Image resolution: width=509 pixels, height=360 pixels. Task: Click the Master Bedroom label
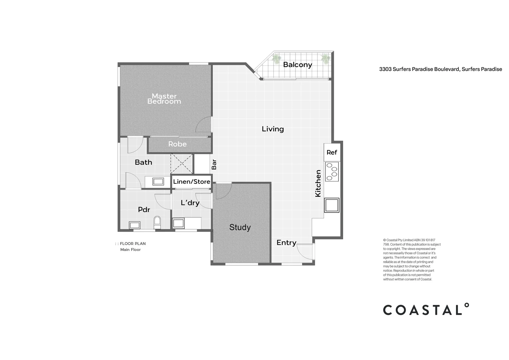pos(164,99)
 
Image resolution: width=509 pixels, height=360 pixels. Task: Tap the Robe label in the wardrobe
pos(177,144)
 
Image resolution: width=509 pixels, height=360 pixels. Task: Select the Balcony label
pos(297,65)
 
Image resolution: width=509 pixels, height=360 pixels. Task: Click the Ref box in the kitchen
pos(332,152)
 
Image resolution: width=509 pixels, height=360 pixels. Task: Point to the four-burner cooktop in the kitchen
pos(332,172)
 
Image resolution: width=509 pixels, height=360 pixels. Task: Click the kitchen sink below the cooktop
pos(332,205)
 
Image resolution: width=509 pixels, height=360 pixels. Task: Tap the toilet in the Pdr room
pos(157,222)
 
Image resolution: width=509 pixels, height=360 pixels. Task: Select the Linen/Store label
pos(192,182)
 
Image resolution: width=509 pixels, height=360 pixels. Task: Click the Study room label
pos(240,227)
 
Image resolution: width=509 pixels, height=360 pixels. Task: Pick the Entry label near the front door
pos(286,243)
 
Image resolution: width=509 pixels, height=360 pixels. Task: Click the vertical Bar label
pos(214,164)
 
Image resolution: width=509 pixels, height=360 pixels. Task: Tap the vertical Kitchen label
pos(318,183)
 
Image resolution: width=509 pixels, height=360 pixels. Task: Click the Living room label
pos(273,129)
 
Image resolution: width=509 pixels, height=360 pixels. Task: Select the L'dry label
pos(190,203)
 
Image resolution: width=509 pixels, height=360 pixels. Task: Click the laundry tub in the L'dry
pos(178,223)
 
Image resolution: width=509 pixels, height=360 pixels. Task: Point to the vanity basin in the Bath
pos(158,182)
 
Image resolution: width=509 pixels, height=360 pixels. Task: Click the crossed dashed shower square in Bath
pos(182,164)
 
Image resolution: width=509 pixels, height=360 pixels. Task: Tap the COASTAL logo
pos(426,310)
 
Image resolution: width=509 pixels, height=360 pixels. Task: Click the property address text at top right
pos(440,69)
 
